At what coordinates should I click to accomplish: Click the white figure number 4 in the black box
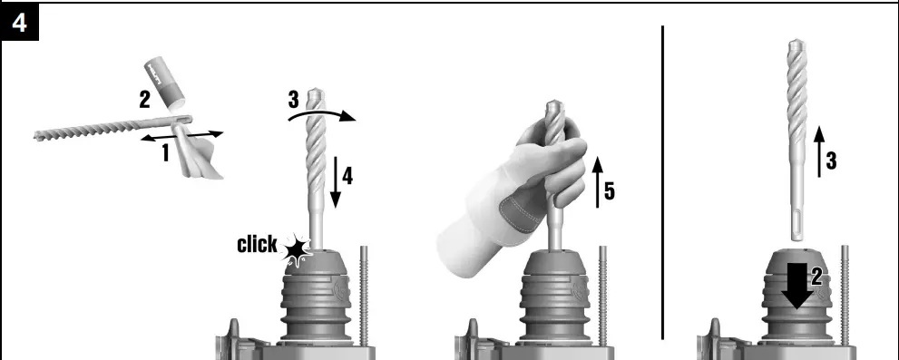20,24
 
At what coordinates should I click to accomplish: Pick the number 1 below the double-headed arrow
166,153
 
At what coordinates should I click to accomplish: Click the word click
257,244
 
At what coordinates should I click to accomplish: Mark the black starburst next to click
295,248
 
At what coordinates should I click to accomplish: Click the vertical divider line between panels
663,181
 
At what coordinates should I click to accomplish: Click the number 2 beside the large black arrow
816,277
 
